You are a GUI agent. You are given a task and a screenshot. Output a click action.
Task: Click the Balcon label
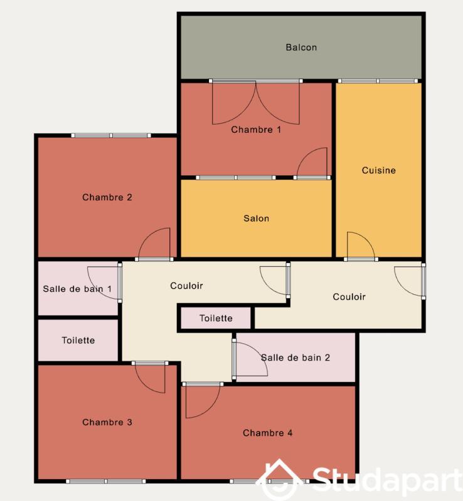[301, 48]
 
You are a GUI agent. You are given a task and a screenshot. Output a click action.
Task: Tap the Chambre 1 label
[256, 130]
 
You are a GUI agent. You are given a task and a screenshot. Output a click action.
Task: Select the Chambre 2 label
[107, 197]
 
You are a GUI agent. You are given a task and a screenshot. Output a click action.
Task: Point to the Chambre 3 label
[107, 422]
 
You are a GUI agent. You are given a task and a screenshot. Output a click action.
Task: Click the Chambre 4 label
[268, 433]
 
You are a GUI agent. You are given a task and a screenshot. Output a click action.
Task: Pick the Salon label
[256, 219]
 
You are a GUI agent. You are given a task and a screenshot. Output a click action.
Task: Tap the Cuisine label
[379, 170]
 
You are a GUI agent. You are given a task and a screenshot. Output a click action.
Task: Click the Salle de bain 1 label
[77, 289]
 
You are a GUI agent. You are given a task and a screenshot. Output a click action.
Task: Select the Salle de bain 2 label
[295, 358]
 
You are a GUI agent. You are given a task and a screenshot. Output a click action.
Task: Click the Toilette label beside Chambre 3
[78, 340]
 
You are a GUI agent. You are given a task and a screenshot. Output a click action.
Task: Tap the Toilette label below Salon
[216, 318]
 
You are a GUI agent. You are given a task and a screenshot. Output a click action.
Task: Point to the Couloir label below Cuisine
[349, 297]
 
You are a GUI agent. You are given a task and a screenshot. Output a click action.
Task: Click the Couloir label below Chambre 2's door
[186, 286]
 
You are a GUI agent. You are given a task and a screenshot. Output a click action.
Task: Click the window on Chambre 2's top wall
[111, 135]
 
